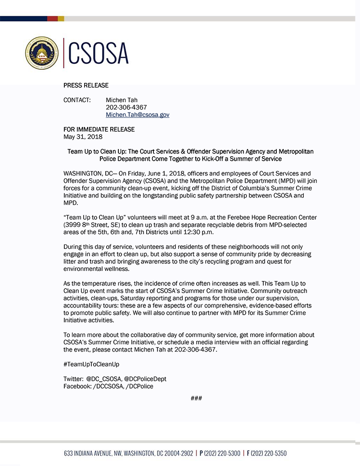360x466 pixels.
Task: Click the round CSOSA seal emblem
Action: pyautogui.click(x=42, y=53)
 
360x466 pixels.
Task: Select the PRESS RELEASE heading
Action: pyautogui.click(x=86, y=85)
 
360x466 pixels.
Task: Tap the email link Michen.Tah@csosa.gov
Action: pyautogui.click(x=137, y=115)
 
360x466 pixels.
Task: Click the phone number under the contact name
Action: pyautogui.click(x=126, y=108)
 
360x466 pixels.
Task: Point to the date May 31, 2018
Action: pyautogui.click(x=83, y=136)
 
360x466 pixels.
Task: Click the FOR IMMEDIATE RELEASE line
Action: pyautogui.click(x=99, y=130)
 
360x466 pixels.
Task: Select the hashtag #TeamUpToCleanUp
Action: pyautogui.click(x=91, y=364)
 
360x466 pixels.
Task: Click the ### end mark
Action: pyautogui.click(x=196, y=398)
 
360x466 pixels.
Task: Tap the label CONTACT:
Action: pyautogui.click(x=77, y=100)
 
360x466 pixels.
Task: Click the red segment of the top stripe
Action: pyautogui.click(x=52, y=18)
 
